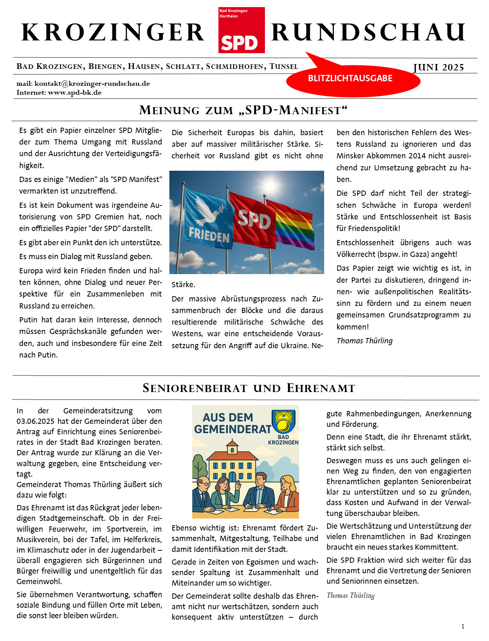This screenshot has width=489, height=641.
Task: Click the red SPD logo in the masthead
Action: [x=241, y=30]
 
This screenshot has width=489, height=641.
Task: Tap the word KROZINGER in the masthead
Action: [x=113, y=32]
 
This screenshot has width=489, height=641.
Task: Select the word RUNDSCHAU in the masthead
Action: [x=368, y=32]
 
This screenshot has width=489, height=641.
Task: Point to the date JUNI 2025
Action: [x=438, y=67]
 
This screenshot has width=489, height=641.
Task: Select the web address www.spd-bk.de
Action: [x=75, y=92]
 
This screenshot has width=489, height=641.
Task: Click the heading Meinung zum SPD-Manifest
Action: [x=244, y=110]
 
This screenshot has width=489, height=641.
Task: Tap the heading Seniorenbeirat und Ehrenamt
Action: [x=249, y=388]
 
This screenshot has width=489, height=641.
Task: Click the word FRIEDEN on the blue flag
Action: [x=209, y=235]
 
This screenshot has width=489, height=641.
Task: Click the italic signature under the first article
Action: [x=365, y=341]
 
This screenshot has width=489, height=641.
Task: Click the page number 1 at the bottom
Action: [x=463, y=626]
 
